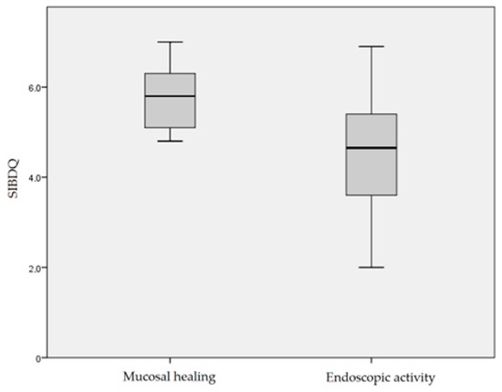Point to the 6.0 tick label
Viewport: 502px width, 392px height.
pos(32,87)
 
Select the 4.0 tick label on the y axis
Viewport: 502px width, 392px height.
pos(32,177)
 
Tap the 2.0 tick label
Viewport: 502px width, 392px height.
pos(32,268)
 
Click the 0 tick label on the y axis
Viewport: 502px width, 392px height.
pos(37,358)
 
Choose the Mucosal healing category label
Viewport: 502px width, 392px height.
pos(170,376)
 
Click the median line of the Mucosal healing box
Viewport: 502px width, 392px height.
pos(170,96)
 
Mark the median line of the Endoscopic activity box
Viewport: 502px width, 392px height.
pos(371,148)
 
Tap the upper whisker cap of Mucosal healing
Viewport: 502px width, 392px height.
pos(170,42)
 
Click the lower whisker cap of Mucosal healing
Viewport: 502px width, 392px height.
pos(170,141)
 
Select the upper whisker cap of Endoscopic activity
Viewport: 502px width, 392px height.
pos(371,47)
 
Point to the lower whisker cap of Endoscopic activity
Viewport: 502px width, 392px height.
pos(371,267)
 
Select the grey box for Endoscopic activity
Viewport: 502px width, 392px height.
pos(371,173)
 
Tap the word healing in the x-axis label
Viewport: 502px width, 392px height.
pos(193,376)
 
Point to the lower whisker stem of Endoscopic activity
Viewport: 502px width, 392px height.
pos(371,231)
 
